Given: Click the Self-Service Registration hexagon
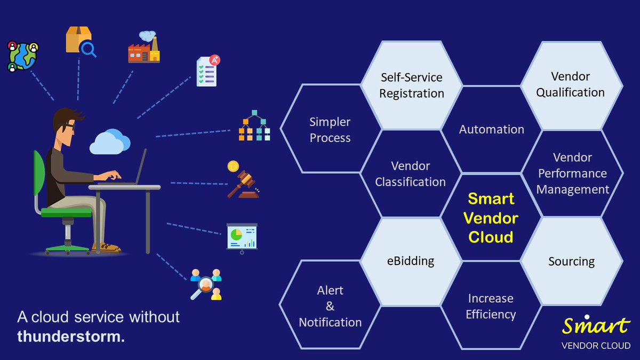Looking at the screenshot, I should [x=411, y=85].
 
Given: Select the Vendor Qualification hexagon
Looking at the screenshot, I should [x=570, y=84].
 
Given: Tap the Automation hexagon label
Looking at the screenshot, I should [x=491, y=130].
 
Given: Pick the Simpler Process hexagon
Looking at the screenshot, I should [x=330, y=130].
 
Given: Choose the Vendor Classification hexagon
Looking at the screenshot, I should [x=410, y=174].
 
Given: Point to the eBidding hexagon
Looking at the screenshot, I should [x=411, y=261].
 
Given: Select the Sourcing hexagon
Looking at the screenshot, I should [x=571, y=261].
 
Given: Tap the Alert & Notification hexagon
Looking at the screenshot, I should [x=330, y=306].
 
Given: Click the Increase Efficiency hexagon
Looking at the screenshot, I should [x=491, y=306].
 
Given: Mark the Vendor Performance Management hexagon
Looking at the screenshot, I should [x=572, y=173].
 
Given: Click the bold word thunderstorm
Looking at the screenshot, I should [x=70, y=337].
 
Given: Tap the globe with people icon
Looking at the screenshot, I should [x=23, y=57].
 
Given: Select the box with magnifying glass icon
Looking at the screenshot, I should [x=81, y=42].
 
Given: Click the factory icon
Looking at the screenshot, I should [x=143, y=48].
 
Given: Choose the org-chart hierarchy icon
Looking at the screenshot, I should [x=254, y=126].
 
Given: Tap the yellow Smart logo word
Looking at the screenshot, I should [x=596, y=325].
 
